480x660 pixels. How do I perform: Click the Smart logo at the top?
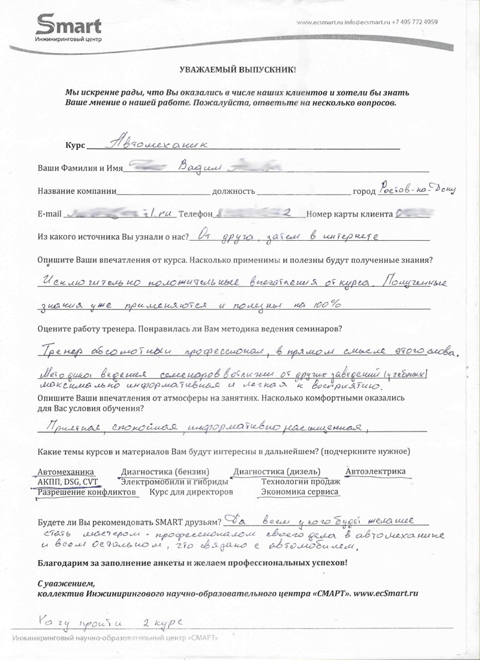click(x=68, y=27)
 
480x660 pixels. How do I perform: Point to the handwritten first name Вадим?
click(x=197, y=168)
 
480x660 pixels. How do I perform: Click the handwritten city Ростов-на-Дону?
click(x=418, y=188)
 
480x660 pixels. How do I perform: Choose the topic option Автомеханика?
click(x=66, y=472)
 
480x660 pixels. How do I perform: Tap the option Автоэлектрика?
click(x=376, y=471)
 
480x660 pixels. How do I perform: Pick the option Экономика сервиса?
click(x=299, y=492)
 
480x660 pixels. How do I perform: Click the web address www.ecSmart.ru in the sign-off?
click(x=385, y=593)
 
